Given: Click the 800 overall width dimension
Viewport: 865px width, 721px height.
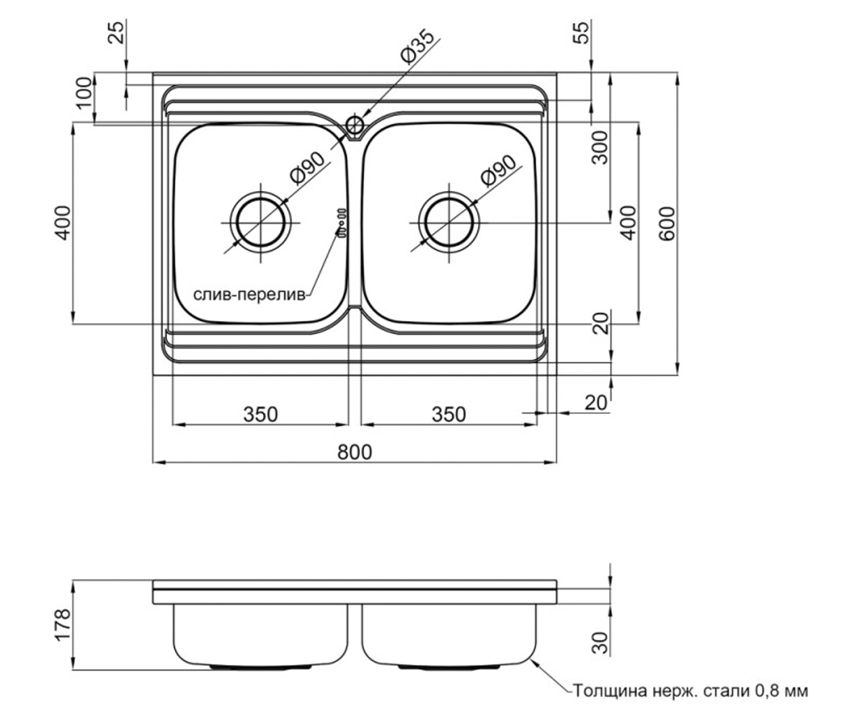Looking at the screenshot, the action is click(355, 451).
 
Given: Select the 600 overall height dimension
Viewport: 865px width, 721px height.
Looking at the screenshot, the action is click(667, 224).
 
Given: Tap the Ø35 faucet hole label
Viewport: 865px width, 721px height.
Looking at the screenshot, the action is click(417, 46).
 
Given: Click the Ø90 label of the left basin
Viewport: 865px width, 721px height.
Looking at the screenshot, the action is click(307, 168).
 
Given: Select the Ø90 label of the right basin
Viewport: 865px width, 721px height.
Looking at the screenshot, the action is click(498, 170).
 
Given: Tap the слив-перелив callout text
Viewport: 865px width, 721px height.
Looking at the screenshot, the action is click(249, 295).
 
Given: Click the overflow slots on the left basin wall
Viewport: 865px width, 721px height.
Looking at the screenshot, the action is click(342, 223).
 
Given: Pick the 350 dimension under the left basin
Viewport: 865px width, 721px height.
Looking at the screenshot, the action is click(260, 415).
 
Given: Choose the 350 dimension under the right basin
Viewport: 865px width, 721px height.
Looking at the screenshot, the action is click(449, 415).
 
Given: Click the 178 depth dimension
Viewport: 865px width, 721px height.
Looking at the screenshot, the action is click(63, 625).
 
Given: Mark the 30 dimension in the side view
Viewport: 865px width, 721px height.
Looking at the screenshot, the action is click(600, 642).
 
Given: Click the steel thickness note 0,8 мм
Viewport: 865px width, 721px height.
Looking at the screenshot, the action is click(690, 691).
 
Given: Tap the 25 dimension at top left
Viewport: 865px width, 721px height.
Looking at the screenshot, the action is click(116, 32).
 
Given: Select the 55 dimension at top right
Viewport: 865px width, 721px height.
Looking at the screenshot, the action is click(581, 32).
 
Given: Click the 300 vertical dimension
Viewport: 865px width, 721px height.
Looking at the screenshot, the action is click(600, 148).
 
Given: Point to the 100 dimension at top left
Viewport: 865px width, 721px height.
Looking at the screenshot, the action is click(85, 92).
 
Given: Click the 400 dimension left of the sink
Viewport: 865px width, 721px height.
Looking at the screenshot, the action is click(63, 223).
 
